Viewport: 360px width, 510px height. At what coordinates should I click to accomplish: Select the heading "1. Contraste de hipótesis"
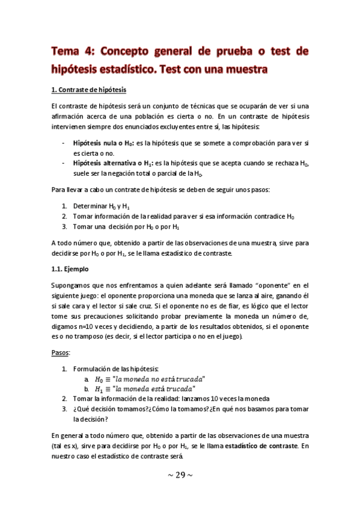(x=88, y=90)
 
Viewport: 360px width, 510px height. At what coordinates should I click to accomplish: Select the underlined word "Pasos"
(x=61, y=351)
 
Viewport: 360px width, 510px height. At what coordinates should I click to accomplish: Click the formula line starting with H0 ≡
(x=150, y=378)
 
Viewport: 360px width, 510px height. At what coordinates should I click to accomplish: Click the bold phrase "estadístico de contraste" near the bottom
(x=258, y=445)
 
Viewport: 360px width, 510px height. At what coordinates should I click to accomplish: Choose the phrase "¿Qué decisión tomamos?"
(x=106, y=409)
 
